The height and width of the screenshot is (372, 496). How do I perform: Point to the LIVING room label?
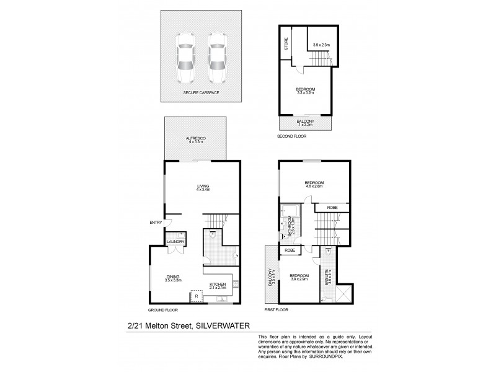[203, 186]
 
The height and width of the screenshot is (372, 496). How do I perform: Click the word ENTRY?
[155, 223]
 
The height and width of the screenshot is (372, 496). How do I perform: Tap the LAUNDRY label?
[174, 242]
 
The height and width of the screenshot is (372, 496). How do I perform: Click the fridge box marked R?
[196, 296]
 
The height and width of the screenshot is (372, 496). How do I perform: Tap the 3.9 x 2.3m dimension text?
[322, 45]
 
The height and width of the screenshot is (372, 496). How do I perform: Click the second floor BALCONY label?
[304, 122]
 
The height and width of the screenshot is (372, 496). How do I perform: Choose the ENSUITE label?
[327, 273]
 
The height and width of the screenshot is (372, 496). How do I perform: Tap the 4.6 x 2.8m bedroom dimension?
[315, 185]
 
